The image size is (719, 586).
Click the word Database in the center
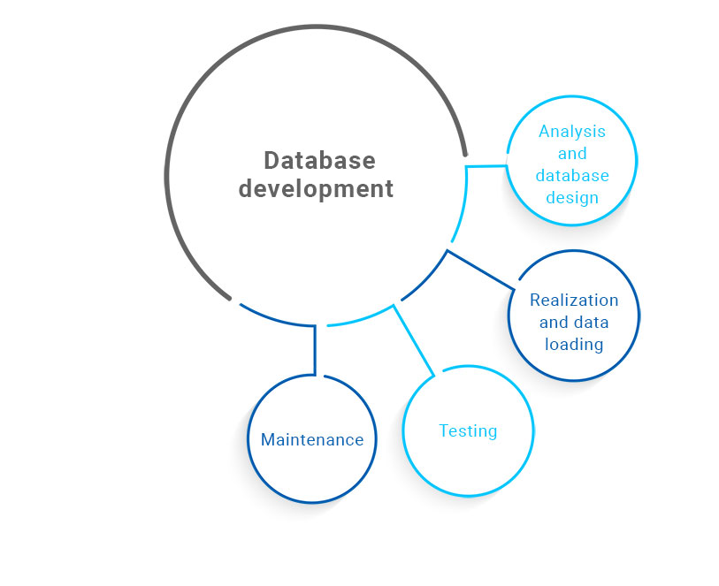319,161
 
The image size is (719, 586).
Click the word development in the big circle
316,188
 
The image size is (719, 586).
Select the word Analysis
572,132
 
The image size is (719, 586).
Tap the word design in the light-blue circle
572,197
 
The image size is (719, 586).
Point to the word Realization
574,300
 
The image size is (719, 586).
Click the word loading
574,344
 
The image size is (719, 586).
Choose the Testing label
468,431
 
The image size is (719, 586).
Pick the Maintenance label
312,439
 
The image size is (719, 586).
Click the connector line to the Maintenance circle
314,349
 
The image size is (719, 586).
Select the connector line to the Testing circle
414,341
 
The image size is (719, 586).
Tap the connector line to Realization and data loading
481,270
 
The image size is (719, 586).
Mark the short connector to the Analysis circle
486,165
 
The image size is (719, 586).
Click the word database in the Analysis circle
572,175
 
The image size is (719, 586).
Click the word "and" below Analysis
572,154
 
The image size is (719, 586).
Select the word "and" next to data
552,322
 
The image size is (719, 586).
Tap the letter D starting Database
272,161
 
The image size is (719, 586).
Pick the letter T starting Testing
444,431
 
